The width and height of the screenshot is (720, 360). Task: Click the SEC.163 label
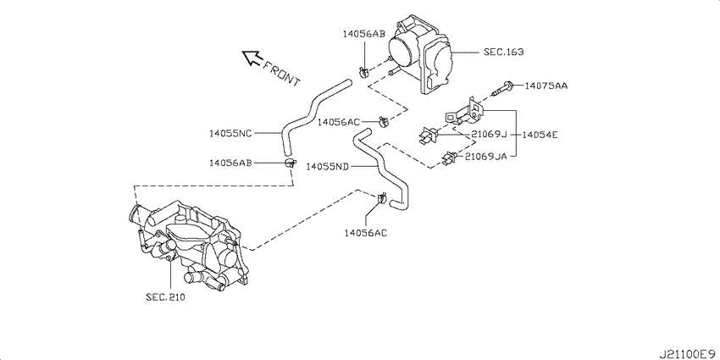[503, 52]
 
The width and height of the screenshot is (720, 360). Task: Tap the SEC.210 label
[165, 297]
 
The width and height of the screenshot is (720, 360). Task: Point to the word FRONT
[281, 73]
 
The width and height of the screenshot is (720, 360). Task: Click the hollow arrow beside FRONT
[252, 58]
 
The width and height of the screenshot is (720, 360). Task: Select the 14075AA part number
[546, 86]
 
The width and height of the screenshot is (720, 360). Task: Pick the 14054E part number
[540, 135]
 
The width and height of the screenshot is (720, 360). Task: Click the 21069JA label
[486, 156]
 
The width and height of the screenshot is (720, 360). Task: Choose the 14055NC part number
[230, 134]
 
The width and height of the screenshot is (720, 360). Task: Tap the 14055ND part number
[328, 166]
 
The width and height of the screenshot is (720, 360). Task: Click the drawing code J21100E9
[688, 354]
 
